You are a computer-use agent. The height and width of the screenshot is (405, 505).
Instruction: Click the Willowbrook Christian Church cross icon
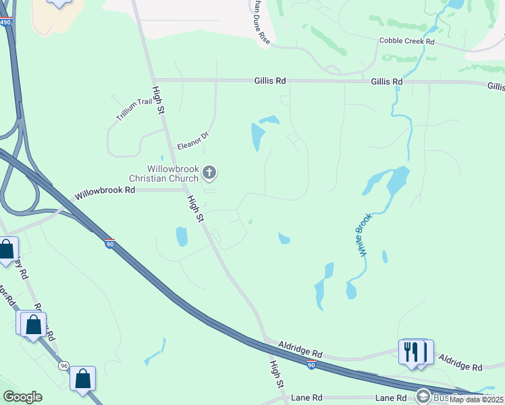click(209, 173)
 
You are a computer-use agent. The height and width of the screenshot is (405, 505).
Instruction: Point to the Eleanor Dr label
click(193, 140)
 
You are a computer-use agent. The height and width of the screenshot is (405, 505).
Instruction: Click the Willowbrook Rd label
click(105, 191)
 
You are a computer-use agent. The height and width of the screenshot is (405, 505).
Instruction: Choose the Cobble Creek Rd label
click(406, 40)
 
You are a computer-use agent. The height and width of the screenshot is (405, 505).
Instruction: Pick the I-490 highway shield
click(5, 22)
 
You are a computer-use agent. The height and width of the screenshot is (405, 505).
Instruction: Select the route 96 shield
click(63, 366)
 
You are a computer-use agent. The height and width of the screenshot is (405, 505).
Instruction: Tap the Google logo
click(22, 397)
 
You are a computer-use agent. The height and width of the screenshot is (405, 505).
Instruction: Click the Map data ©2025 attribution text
click(476, 400)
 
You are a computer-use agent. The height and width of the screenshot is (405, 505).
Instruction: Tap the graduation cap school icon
click(424, 397)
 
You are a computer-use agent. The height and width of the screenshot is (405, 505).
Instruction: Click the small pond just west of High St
click(182, 236)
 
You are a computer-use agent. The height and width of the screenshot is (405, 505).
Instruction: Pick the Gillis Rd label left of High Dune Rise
click(270, 81)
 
